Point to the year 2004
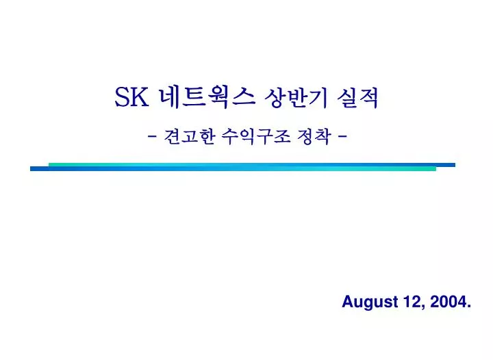[448, 302]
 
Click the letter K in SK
[140, 99]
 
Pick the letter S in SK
[122, 99]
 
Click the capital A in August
[346, 302]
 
